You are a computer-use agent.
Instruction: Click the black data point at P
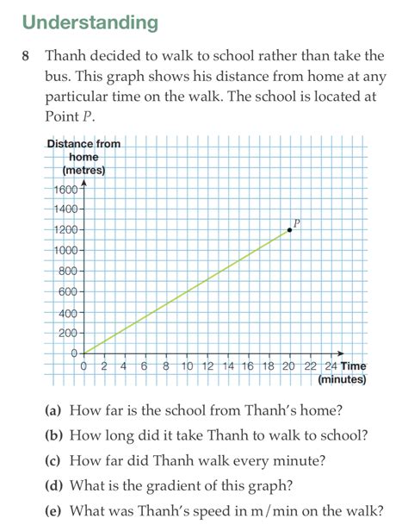288,230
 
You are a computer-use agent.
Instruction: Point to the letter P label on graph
296,222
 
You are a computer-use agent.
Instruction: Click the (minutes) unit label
342,378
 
